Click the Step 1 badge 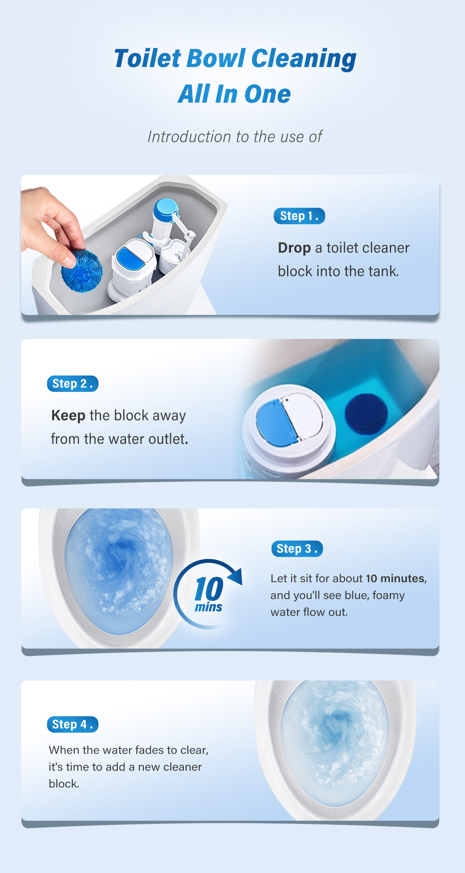299,216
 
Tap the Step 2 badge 72,384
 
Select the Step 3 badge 297,549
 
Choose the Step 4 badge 72,724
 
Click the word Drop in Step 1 294,248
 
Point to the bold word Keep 68,416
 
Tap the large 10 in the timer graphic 209,589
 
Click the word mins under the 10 208,607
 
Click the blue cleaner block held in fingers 82,270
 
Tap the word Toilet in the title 148,59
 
